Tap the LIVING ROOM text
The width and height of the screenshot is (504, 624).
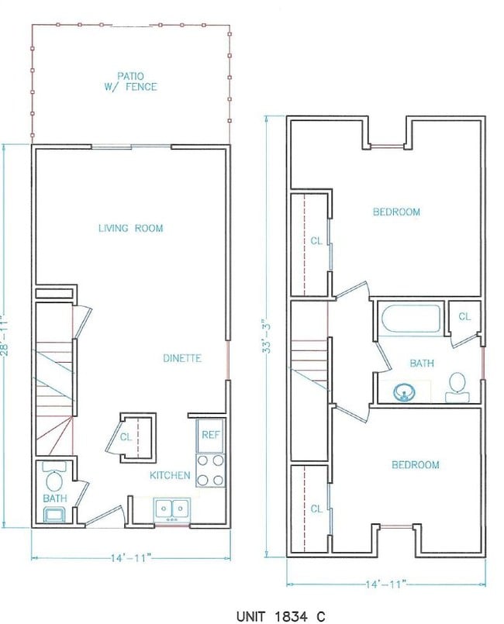tap(130, 228)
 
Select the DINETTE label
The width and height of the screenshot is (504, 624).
tap(182, 358)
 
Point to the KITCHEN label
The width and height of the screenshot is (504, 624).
tap(170, 475)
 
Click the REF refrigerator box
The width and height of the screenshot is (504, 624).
tap(210, 435)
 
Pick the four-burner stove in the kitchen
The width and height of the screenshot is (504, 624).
tap(209, 469)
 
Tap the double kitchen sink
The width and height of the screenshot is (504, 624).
tap(172, 509)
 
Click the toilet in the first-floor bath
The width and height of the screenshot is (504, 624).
tap(55, 473)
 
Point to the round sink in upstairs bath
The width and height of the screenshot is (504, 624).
tap(402, 393)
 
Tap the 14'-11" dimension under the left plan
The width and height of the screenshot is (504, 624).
tap(130, 557)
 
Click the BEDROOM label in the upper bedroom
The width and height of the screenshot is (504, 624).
tap(396, 212)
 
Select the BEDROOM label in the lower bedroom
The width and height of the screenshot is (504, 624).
tap(415, 464)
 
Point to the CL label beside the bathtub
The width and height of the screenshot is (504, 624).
tap(464, 316)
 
